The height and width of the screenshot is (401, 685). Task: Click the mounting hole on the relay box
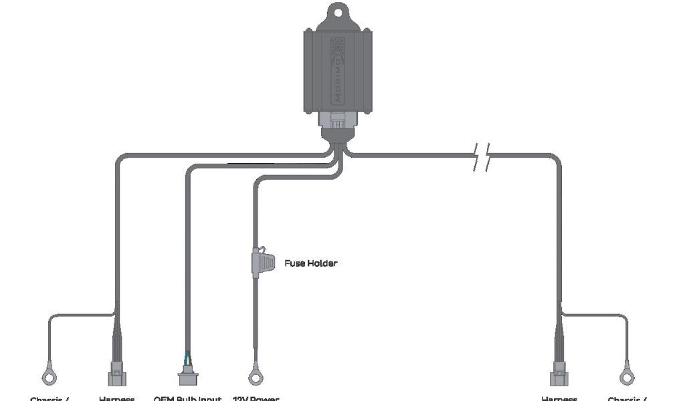tap(338, 12)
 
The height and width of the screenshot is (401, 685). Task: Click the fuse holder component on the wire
tap(262, 262)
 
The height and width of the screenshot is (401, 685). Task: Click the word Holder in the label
tap(322, 263)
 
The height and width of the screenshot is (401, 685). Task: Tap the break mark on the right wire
tap(481, 156)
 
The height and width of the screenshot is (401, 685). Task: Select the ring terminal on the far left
tap(49, 377)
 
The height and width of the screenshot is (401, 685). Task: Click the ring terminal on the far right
tap(627, 377)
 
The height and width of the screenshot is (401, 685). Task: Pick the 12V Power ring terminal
tap(255, 377)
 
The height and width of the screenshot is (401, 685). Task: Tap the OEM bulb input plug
tap(187, 377)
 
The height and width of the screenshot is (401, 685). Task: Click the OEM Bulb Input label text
tap(187, 398)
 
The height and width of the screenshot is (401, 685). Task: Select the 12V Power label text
tap(256, 398)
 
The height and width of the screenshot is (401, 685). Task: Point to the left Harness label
tap(116, 398)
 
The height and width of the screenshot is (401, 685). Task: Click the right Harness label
tap(559, 398)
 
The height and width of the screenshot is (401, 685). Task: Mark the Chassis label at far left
tap(50, 398)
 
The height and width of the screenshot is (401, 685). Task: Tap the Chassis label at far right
tap(627, 398)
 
